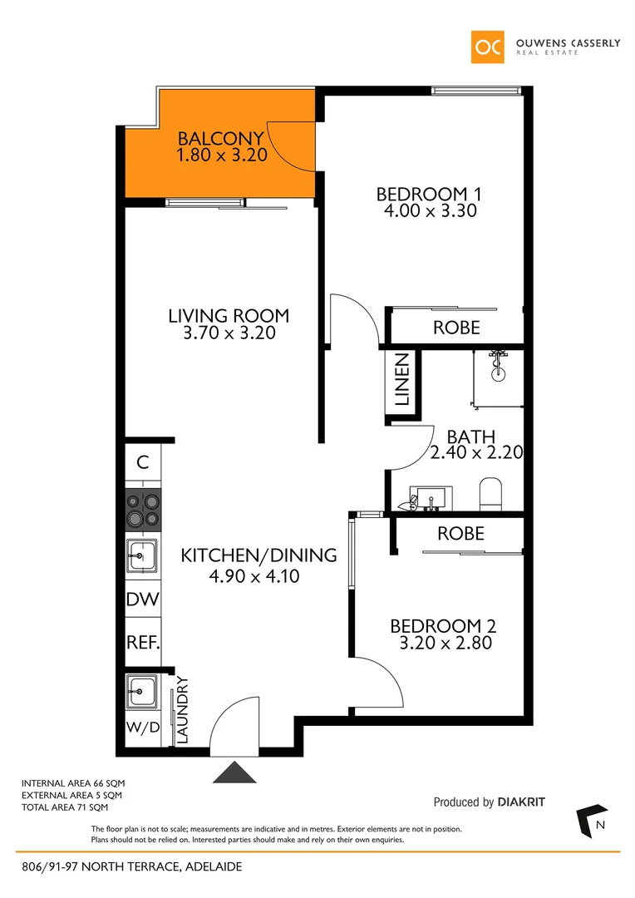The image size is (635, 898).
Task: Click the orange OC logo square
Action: [488, 47]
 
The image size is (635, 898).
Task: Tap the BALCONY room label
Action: [221, 139]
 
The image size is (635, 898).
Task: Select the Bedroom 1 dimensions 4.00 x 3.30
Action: [429, 211]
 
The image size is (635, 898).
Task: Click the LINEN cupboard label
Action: [402, 380]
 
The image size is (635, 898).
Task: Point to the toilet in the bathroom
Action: [491, 493]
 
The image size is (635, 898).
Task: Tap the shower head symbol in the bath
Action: [499, 367]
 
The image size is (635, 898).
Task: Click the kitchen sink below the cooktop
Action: [142, 555]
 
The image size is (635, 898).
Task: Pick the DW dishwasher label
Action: [142, 599]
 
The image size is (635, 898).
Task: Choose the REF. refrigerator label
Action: [142, 643]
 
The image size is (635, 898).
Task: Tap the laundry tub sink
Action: [142, 690]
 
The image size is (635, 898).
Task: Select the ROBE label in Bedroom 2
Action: [460, 533]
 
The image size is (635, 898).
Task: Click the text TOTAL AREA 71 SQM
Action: [65, 807]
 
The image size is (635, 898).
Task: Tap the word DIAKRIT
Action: [521, 802]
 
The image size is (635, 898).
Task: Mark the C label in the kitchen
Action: [143, 463]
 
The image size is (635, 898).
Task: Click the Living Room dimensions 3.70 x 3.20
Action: [229, 333]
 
